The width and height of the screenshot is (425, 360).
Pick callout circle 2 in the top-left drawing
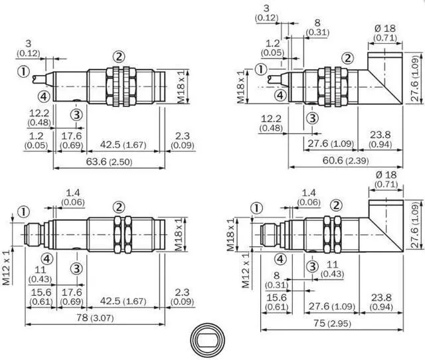pyautogui.click(x=118, y=57)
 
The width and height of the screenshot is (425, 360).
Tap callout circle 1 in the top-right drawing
pyautogui.click(x=261, y=69)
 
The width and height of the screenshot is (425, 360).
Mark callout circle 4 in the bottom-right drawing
pyautogui.click(x=281, y=259)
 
